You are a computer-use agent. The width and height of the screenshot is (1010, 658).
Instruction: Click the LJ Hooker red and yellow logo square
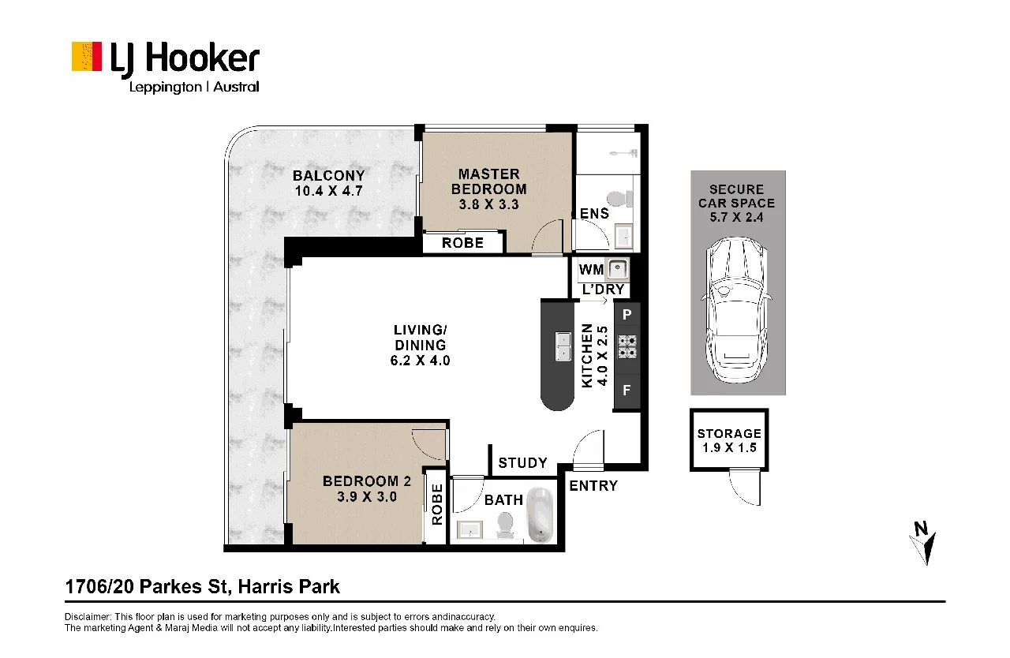[x=87, y=56]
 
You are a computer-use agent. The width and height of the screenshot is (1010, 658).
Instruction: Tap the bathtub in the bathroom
[x=541, y=514]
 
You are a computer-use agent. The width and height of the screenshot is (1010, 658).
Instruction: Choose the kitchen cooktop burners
[x=627, y=346]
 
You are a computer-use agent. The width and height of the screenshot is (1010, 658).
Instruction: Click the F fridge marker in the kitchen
[x=627, y=390]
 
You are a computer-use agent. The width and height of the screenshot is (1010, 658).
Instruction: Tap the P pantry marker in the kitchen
[x=627, y=315]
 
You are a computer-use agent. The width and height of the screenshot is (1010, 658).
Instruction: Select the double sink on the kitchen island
[x=563, y=346]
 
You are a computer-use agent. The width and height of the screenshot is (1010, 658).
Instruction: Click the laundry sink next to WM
[x=617, y=270]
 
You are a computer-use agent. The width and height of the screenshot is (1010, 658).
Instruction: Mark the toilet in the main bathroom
[x=505, y=527]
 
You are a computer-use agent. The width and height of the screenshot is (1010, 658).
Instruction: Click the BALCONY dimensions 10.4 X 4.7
[x=329, y=191]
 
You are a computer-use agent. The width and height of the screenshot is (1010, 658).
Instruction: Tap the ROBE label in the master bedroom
[x=462, y=243]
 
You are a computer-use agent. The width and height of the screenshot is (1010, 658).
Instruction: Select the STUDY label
[x=522, y=463]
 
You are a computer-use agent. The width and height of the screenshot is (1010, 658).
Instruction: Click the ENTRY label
[x=593, y=486]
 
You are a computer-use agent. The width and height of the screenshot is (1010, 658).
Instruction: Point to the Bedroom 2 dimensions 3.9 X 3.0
[x=367, y=496]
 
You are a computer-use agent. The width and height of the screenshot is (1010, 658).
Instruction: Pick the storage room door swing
[x=744, y=488]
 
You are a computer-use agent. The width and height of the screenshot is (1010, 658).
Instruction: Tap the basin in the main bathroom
[x=469, y=530]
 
